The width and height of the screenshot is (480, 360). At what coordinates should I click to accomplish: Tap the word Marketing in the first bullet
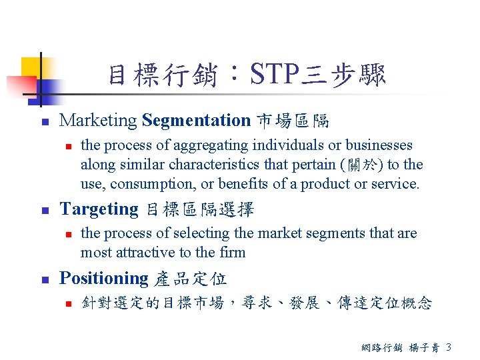pos(99,121)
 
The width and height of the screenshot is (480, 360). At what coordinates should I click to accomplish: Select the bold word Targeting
pos(99,209)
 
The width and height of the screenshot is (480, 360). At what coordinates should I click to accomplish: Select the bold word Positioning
pos(104,278)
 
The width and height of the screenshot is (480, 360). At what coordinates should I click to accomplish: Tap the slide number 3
pos(448,347)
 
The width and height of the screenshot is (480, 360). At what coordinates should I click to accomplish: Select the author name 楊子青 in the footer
pos(423,347)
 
